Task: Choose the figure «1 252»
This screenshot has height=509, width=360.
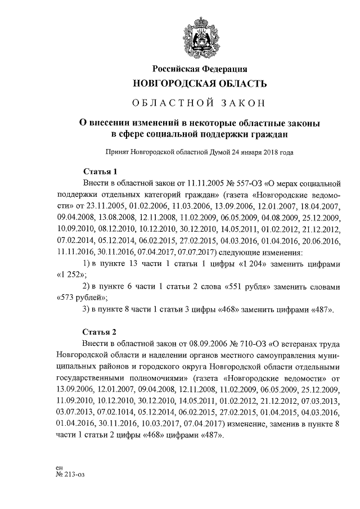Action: point(71,275)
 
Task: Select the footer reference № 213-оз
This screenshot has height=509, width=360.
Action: point(71,474)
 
